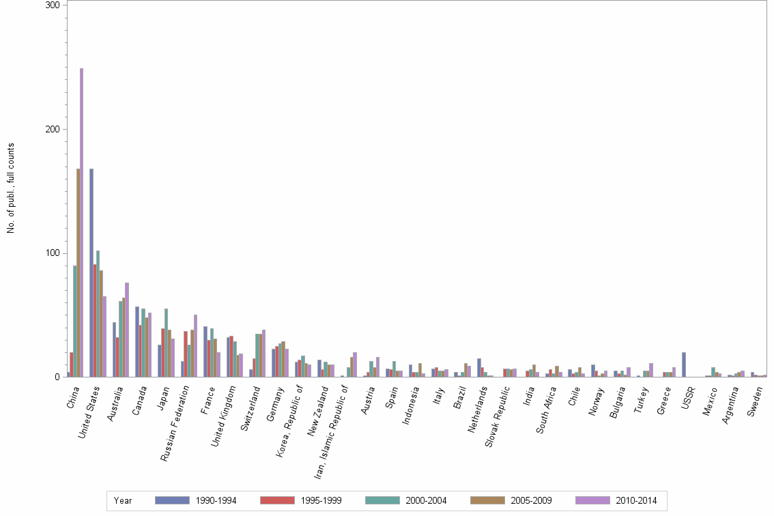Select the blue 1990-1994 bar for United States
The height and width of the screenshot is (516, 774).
pos(91,273)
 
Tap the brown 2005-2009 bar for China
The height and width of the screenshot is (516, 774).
pos(78,273)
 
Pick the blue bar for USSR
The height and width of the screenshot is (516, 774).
pos(684,364)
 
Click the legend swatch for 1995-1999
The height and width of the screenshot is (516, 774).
pos(277,500)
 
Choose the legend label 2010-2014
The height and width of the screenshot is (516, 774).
pos(635,500)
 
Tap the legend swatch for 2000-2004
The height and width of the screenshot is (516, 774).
pos(382,500)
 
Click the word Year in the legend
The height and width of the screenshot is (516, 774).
pos(123,500)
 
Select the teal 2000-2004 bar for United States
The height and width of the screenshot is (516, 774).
pos(98,314)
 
